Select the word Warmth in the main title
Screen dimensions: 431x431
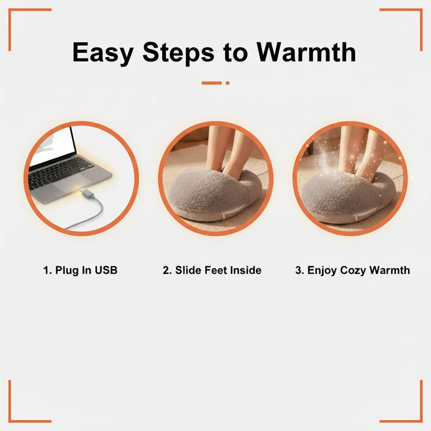[x=306, y=52]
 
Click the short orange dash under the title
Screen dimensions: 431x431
[x=212, y=83]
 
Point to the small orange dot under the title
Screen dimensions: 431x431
[x=227, y=83]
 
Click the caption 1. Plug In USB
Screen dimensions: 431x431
[x=80, y=270]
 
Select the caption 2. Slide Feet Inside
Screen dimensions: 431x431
[x=212, y=270]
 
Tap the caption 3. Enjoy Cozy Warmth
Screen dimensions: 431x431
[x=352, y=270]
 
